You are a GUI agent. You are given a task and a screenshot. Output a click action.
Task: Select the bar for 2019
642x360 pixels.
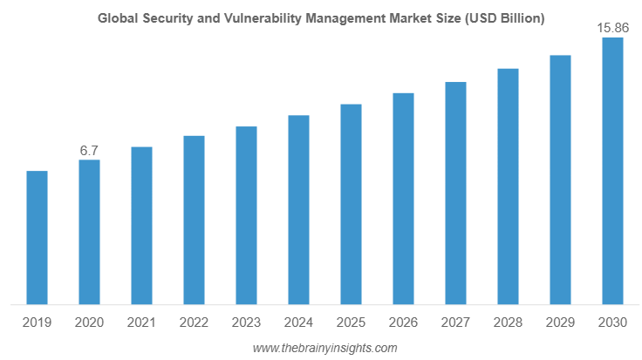37,238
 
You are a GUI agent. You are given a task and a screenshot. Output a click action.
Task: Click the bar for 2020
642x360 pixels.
89,233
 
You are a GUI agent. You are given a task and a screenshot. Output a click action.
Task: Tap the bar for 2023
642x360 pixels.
246,216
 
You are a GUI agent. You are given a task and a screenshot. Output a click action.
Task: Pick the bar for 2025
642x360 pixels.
351,205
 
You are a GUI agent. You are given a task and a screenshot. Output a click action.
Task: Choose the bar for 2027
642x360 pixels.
455,194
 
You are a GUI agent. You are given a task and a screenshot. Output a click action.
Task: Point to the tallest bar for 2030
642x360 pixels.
613,172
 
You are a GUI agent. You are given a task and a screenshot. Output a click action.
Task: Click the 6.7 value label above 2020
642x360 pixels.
89,151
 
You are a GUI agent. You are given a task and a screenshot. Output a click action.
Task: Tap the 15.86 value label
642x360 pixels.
612,29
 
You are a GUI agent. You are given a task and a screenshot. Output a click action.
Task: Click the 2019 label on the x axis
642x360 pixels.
37,323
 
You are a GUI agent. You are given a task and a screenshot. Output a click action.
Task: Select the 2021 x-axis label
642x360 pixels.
141,323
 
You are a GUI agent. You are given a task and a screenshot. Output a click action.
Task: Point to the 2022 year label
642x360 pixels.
194,323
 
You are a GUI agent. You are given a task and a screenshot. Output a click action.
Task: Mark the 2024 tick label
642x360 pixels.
298,323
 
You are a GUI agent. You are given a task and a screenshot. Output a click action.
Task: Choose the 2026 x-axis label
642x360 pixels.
403,323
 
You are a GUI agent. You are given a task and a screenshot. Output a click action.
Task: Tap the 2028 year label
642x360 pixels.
508,323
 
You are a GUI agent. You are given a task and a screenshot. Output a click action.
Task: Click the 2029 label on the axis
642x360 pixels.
560,323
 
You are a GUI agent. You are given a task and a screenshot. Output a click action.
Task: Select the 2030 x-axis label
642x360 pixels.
612,323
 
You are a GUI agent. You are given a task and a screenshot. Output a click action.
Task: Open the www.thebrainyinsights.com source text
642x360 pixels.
324,348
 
